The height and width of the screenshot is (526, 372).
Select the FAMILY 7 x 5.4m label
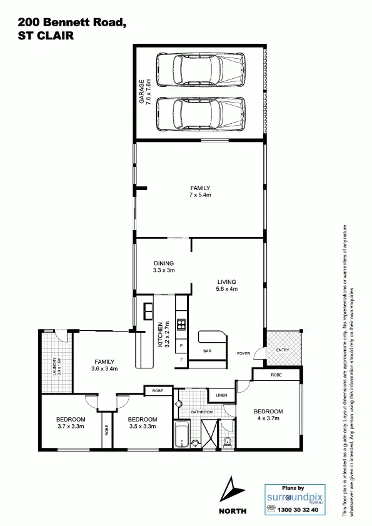click(x=200, y=191)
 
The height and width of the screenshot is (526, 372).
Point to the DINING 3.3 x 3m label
click(x=163, y=267)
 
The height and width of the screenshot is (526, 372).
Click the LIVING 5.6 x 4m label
click(x=226, y=285)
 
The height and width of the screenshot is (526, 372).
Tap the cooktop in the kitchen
click(x=182, y=324)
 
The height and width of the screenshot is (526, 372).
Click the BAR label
click(x=207, y=352)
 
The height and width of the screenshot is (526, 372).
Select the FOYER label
click(x=243, y=354)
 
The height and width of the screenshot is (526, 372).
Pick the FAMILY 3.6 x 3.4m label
click(x=104, y=365)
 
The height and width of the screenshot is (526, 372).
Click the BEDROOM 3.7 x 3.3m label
click(x=70, y=422)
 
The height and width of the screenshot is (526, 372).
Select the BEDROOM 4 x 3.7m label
click(x=268, y=415)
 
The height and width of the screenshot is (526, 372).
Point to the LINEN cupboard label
click(x=221, y=396)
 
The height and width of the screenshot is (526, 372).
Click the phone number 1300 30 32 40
click(x=297, y=510)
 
